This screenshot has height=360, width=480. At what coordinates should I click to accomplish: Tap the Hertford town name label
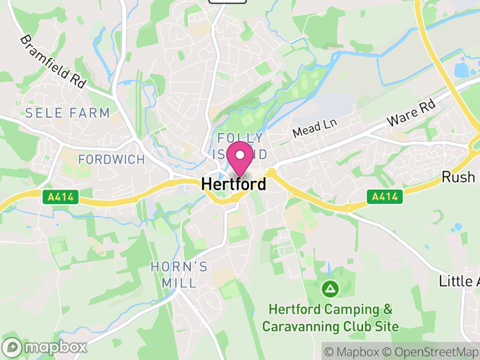(234, 184)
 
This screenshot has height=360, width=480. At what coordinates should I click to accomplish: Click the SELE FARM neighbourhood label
(67, 113)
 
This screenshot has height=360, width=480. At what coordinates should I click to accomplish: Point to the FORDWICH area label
(112, 160)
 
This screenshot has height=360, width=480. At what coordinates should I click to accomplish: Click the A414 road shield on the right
(384, 196)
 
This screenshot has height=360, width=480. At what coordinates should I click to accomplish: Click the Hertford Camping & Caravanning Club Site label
(331, 318)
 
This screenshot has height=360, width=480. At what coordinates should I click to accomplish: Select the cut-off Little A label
(459, 281)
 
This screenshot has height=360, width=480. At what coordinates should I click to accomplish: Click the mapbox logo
(45, 347)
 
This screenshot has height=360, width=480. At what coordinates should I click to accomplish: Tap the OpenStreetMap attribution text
(432, 351)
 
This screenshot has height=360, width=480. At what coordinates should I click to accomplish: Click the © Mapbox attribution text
(353, 351)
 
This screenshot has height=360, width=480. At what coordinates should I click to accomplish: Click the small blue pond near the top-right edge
(463, 70)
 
